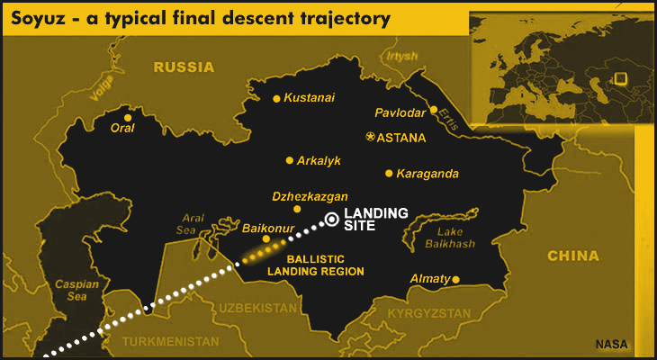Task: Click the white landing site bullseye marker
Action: [x=331, y=218]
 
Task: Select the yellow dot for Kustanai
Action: [x=277, y=99]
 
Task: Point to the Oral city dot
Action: [x=128, y=117]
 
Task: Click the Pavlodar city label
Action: [x=400, y=113]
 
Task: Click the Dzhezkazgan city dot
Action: [x=297, y=209]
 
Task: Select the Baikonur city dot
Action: [x=265, y=238]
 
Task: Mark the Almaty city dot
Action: [x=455, y=279]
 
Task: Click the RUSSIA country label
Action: [x=184, y=67]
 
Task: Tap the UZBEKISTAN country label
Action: [x=256, y=308]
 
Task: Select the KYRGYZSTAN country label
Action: [x=428, y=313]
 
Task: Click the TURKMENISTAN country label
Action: [x=170, y=342]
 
